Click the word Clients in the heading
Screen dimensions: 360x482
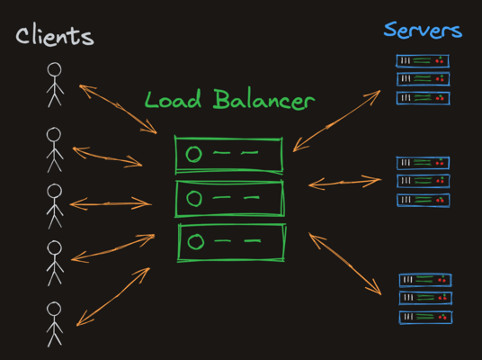click(54, 36)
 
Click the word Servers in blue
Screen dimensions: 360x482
click(423, 30)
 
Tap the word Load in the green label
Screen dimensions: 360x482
click(176, 99)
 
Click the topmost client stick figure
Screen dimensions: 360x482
click(55, 84)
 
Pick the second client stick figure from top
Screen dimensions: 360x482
click(54, 148)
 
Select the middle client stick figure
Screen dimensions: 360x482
click(55, 205)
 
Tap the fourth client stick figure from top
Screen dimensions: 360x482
click(54, 260)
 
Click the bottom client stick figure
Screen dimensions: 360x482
click(54, 321)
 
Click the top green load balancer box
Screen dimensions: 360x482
click(228, 155)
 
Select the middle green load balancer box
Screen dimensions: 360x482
click(229, 198)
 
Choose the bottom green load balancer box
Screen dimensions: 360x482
click(232, 242)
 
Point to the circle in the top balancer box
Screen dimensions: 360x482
click(192, 155)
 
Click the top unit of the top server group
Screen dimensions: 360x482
click(423, 61)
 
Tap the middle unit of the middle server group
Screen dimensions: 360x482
click(423, 181)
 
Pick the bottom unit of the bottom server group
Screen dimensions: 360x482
click(424, 317)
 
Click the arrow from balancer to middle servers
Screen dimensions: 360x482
click(344, 183)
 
